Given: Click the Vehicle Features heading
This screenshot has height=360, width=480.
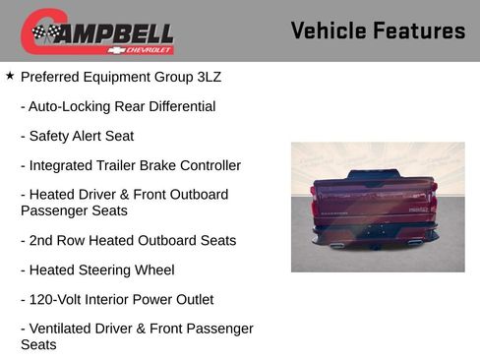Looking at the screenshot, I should (x=378, y=30).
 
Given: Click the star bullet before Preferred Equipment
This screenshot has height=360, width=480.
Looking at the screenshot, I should (x=10, y=76).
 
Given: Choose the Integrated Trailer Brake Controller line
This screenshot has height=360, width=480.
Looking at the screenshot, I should (x=130, y=165).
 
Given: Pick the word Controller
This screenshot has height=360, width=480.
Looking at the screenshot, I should (x=207, y=165).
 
